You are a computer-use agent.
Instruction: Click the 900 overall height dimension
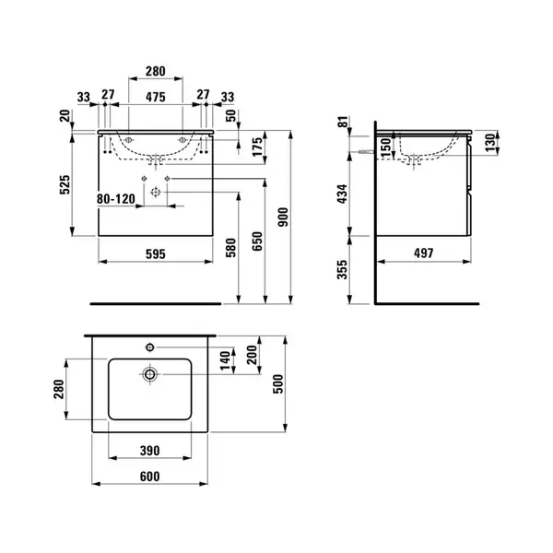(284, 218)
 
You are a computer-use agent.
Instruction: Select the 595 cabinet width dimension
(156, 254)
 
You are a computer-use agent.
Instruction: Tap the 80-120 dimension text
(116, 199)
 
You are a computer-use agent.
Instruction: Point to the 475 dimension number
(156, 97)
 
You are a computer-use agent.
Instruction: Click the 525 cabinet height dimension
(65, 184)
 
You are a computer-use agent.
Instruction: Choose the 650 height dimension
(257, 241)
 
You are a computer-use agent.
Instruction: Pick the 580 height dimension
(230, 248)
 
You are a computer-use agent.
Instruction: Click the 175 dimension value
(257, 147)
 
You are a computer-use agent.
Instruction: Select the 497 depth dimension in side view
(424, 253)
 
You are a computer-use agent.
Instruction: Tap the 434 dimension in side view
(342, 194)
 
